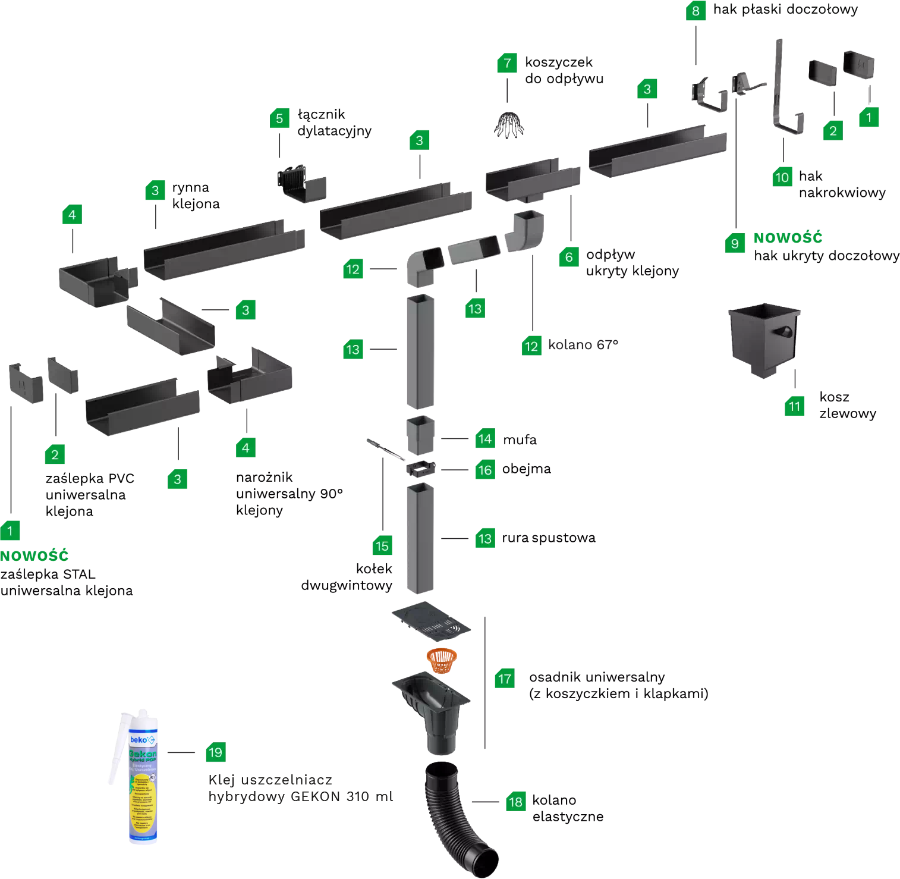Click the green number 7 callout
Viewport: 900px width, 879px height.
pos(507,63)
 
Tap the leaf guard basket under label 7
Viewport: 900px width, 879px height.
pos(508,124)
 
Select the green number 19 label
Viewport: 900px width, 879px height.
pos(215,752)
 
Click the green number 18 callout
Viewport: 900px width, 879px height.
pos(515,802)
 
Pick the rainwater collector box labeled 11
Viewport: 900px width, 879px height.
pos(764,339)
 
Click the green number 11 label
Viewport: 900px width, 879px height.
pos(794,406)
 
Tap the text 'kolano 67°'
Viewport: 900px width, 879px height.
pos(583,345)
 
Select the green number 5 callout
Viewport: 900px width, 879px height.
pos(279,118)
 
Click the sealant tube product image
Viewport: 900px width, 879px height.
pos(128,779)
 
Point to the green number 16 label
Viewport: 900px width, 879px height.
pos(485,470)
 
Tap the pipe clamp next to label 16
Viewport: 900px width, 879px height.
pos(421,469)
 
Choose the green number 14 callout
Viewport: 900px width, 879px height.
pos(485,439)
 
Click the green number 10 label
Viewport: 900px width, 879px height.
pos(782,177)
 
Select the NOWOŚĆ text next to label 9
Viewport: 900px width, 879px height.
pos(788,238)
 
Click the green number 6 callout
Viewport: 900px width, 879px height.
pos(569,257)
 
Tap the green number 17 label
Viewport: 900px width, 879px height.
pos(505,679)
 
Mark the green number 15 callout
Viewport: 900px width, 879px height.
pos(382,546)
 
